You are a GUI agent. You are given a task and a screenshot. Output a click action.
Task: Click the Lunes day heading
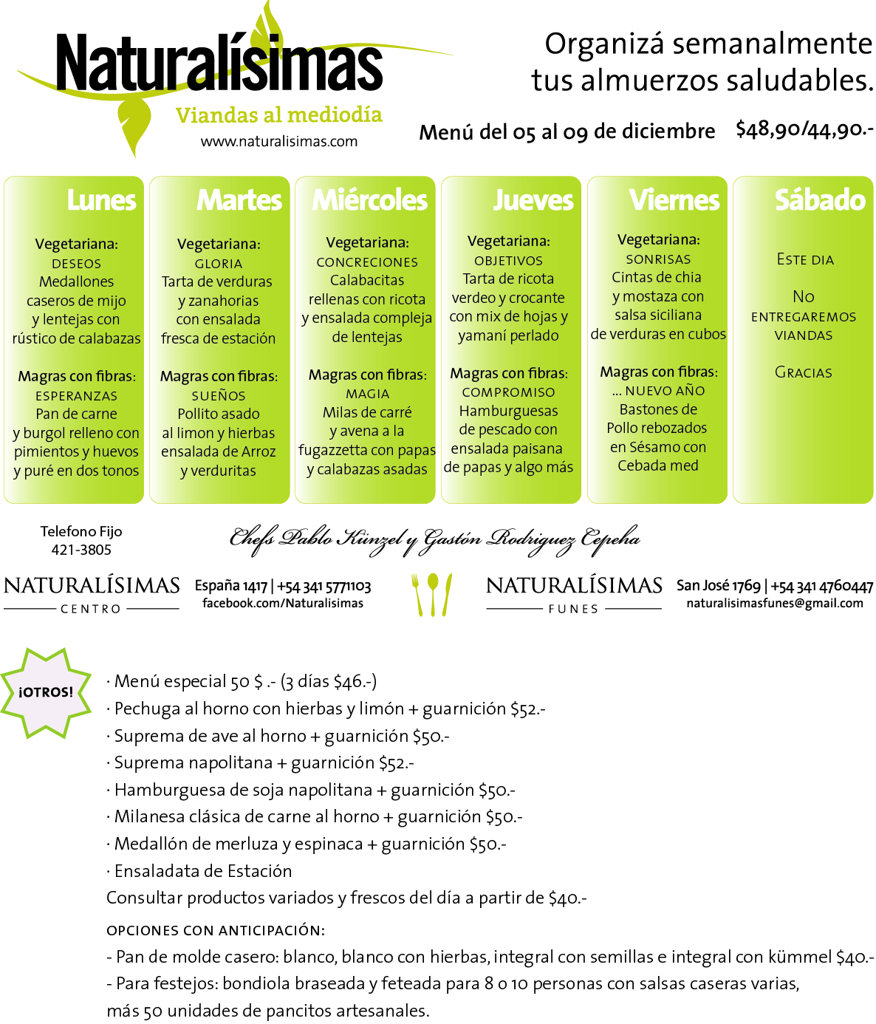(101, 200)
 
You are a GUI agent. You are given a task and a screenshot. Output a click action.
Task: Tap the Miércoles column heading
(369, 200)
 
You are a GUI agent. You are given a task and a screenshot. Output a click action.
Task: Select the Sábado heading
(820, 200)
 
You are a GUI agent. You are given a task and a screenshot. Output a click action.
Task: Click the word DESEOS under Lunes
(76, 264)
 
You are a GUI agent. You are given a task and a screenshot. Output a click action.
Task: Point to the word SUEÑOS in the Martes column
(219, 396)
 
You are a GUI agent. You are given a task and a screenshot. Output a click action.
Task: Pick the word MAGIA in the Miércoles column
(367, 394)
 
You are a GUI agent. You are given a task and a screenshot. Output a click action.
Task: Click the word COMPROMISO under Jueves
(509, 392)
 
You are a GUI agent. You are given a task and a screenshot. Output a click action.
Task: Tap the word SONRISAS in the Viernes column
(658, 259)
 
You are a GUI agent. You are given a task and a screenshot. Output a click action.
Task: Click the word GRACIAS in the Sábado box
(803, 372)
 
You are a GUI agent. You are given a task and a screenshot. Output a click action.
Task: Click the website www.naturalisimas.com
(278, 142)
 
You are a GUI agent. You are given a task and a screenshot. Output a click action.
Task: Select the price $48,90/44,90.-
(804, 130)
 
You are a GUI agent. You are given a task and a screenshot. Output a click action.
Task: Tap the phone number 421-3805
(81, 550)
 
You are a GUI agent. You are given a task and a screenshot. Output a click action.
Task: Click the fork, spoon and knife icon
(432, 595)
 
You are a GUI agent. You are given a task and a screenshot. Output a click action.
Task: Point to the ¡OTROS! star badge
(46, 692)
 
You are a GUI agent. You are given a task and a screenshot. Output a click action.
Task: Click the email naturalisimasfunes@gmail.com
(775, 604)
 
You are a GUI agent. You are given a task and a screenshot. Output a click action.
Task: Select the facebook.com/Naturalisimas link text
(283, 604)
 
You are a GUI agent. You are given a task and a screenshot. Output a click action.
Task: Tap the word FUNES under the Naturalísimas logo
(573, 609)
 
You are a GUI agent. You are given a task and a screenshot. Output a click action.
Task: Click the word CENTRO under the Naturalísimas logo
(91, 609)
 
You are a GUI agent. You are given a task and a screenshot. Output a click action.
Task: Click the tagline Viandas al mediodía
(278, 115)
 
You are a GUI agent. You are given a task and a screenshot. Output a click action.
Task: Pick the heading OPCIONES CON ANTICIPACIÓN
(216, 931)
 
